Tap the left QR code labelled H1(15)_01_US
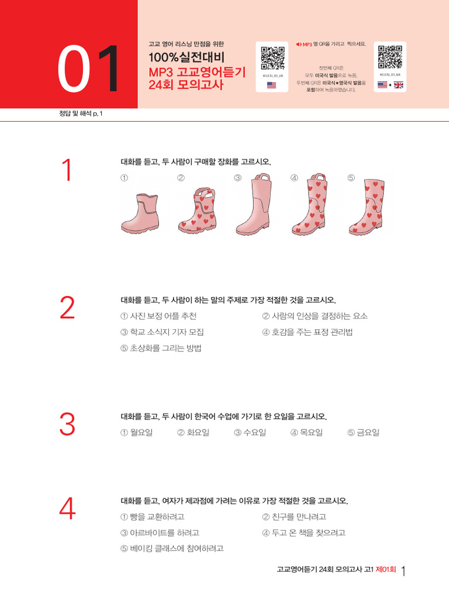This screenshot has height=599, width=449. coord(272,58)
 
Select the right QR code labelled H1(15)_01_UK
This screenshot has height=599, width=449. coord(390,58)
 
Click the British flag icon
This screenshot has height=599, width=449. coord(399,85)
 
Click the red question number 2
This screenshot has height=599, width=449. coord(68,308)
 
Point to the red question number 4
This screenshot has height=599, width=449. coord(68,509)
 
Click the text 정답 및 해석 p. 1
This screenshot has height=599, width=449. coord(77,113)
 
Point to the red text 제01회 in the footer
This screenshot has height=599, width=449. coord(386,569)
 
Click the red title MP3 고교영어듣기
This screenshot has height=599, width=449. coord(197,72)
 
